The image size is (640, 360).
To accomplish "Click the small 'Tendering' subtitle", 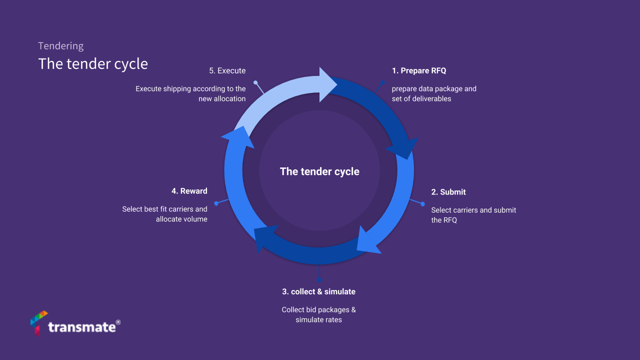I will [x=60, y=46].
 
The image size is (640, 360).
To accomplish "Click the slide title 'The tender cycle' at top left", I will [x=93, y=64].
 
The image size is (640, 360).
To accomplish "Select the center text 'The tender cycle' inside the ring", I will [x=319, y=171].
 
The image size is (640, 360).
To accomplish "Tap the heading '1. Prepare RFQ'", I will [x=418, y=70].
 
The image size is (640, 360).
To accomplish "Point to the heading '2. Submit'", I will [x=448, y=192].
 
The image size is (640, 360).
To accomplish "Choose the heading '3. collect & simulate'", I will [x=318, y=291].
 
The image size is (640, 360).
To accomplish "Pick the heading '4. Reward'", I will [x=189, y=191].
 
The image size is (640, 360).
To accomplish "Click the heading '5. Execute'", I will [x=227, y=70].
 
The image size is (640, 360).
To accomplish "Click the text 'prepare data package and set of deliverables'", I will [x=434, y=93].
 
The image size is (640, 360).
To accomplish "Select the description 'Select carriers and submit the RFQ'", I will [x=473, y=215].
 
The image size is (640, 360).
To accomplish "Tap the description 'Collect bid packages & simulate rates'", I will [x=318, y=314].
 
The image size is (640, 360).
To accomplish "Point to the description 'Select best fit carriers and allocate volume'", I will [x=164, y=214].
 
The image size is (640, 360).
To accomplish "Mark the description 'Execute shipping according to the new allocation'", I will [x=190, y=93].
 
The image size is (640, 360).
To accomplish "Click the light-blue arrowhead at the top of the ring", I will [x=327, y=84].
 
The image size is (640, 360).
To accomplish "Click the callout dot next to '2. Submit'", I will [x=422, y=204].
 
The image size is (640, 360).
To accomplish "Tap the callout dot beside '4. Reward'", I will [x=216, y=203].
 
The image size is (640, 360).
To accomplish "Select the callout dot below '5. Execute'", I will [x=255, y=82].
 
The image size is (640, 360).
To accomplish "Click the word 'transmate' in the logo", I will [x=82, y=327].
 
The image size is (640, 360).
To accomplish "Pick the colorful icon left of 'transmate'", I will [x=38, y=322].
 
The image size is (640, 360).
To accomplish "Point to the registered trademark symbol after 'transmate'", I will [x=118, y=322].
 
